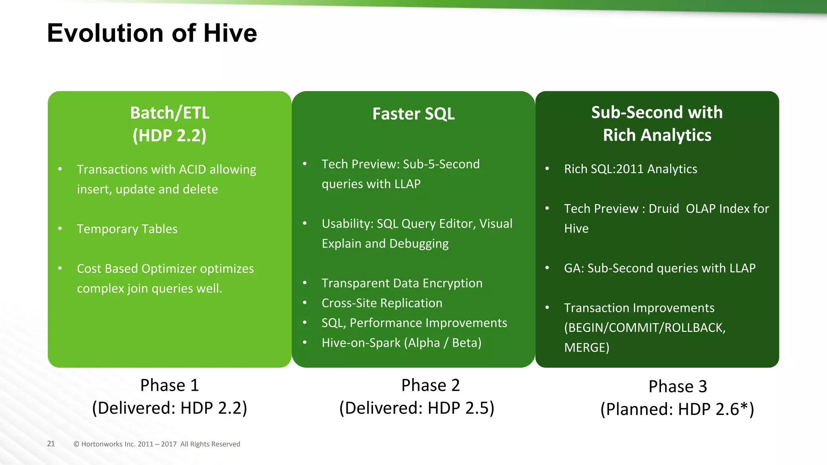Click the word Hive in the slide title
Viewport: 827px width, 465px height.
[230, 33]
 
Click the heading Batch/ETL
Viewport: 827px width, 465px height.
[170, 113]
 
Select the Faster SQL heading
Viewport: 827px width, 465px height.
[413, 114]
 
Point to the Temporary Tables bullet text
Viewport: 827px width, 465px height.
[127, 229]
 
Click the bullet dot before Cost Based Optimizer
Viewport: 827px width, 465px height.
[60, 268]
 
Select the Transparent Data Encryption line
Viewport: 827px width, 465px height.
[402, 283]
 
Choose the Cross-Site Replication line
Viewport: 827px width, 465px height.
[382, 303]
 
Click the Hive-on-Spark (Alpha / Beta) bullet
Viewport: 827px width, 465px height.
[401, 343]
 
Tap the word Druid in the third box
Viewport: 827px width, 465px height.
[663, 209]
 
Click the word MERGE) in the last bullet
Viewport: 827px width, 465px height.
[586, 348]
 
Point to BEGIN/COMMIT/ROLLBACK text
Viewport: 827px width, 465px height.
[645, 328]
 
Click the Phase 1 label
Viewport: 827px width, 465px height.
[170, 385]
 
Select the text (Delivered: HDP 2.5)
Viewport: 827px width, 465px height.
[417, 408]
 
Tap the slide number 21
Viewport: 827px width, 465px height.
[51, 444]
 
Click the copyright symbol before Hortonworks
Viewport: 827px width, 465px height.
[76, 444]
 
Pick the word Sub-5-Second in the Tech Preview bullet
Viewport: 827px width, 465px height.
[441, 164]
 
